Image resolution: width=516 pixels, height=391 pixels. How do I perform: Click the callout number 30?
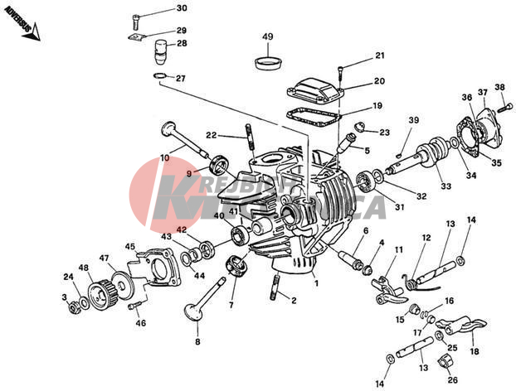click(x=182, y=8)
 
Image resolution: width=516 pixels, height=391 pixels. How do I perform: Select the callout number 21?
click(x=380, y=56)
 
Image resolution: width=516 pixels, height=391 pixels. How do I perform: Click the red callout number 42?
click(x=182, y=230)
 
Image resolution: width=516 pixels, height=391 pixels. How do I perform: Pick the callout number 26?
click(x=452, y=380)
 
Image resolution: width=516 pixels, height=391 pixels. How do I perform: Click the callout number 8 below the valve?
click(x=197, y=341)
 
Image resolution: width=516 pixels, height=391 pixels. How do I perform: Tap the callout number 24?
click(x=68, y=278)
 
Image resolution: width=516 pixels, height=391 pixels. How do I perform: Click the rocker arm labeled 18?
click(x=465, y=329)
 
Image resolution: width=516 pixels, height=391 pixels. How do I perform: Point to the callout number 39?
click(x=413, y=121)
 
